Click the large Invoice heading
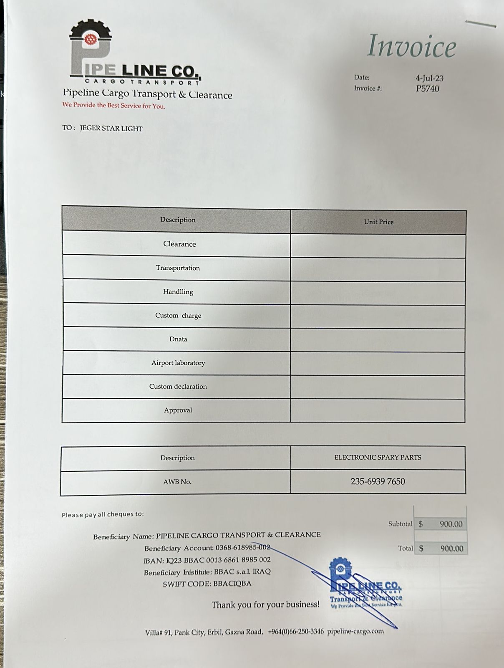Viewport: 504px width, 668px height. click(411, 46)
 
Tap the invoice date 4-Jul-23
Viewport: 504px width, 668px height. click(429, 78)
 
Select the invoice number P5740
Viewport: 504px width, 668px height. click(427, 89)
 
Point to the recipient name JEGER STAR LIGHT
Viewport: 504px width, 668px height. click(111, 129)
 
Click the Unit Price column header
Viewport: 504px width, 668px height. click(378, 222)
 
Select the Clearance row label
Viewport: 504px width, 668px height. click(179, 244)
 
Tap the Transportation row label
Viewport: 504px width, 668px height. click(178, 268)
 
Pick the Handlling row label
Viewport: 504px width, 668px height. click(178, 292)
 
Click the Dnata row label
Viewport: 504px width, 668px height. click(178, 339)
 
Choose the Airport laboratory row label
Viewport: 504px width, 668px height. click(178, 363)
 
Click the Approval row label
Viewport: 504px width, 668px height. click(178, 410)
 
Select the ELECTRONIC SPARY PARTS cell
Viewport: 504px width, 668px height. click(378, 458)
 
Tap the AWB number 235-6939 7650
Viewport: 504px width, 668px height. click(378, 481)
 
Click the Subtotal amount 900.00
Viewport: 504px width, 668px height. click(451, 524)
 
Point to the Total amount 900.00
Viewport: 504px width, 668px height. click(451, 549)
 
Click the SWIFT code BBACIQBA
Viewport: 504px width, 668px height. click(232, 584)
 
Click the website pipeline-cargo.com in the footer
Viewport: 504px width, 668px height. click(355, 631)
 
